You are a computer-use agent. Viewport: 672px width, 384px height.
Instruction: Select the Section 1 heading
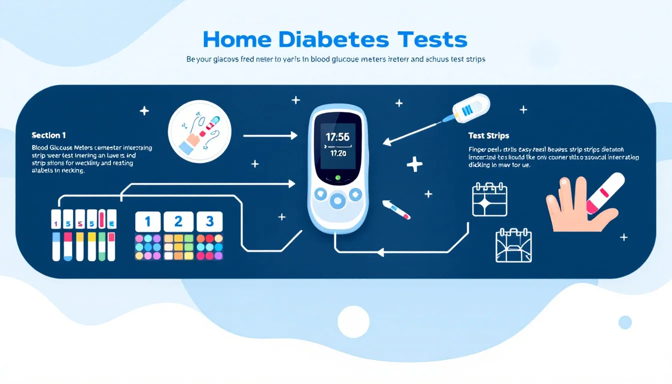tap(48, 135)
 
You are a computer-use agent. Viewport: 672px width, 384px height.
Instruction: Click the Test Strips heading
tap(488, 135)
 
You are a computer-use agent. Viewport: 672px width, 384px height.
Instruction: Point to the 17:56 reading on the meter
tap(337, 136)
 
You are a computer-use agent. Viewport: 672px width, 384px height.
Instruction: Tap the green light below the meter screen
tap(337, 177)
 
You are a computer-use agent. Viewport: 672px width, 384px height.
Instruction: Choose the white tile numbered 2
tap(178, 221)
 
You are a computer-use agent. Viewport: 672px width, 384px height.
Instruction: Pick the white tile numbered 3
tap(209, 221)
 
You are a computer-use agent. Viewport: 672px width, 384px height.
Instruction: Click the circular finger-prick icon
tap(200, 132)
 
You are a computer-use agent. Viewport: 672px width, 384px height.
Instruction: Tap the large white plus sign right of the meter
tap(414, 164)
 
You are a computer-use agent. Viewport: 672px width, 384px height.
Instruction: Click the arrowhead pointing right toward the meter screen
tap(292, 135)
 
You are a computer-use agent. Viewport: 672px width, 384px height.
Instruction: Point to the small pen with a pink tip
tap(396, 209)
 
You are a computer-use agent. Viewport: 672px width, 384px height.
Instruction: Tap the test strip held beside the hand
tap(605, 192)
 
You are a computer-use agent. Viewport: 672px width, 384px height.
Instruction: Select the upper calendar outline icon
tap(489, 199)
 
